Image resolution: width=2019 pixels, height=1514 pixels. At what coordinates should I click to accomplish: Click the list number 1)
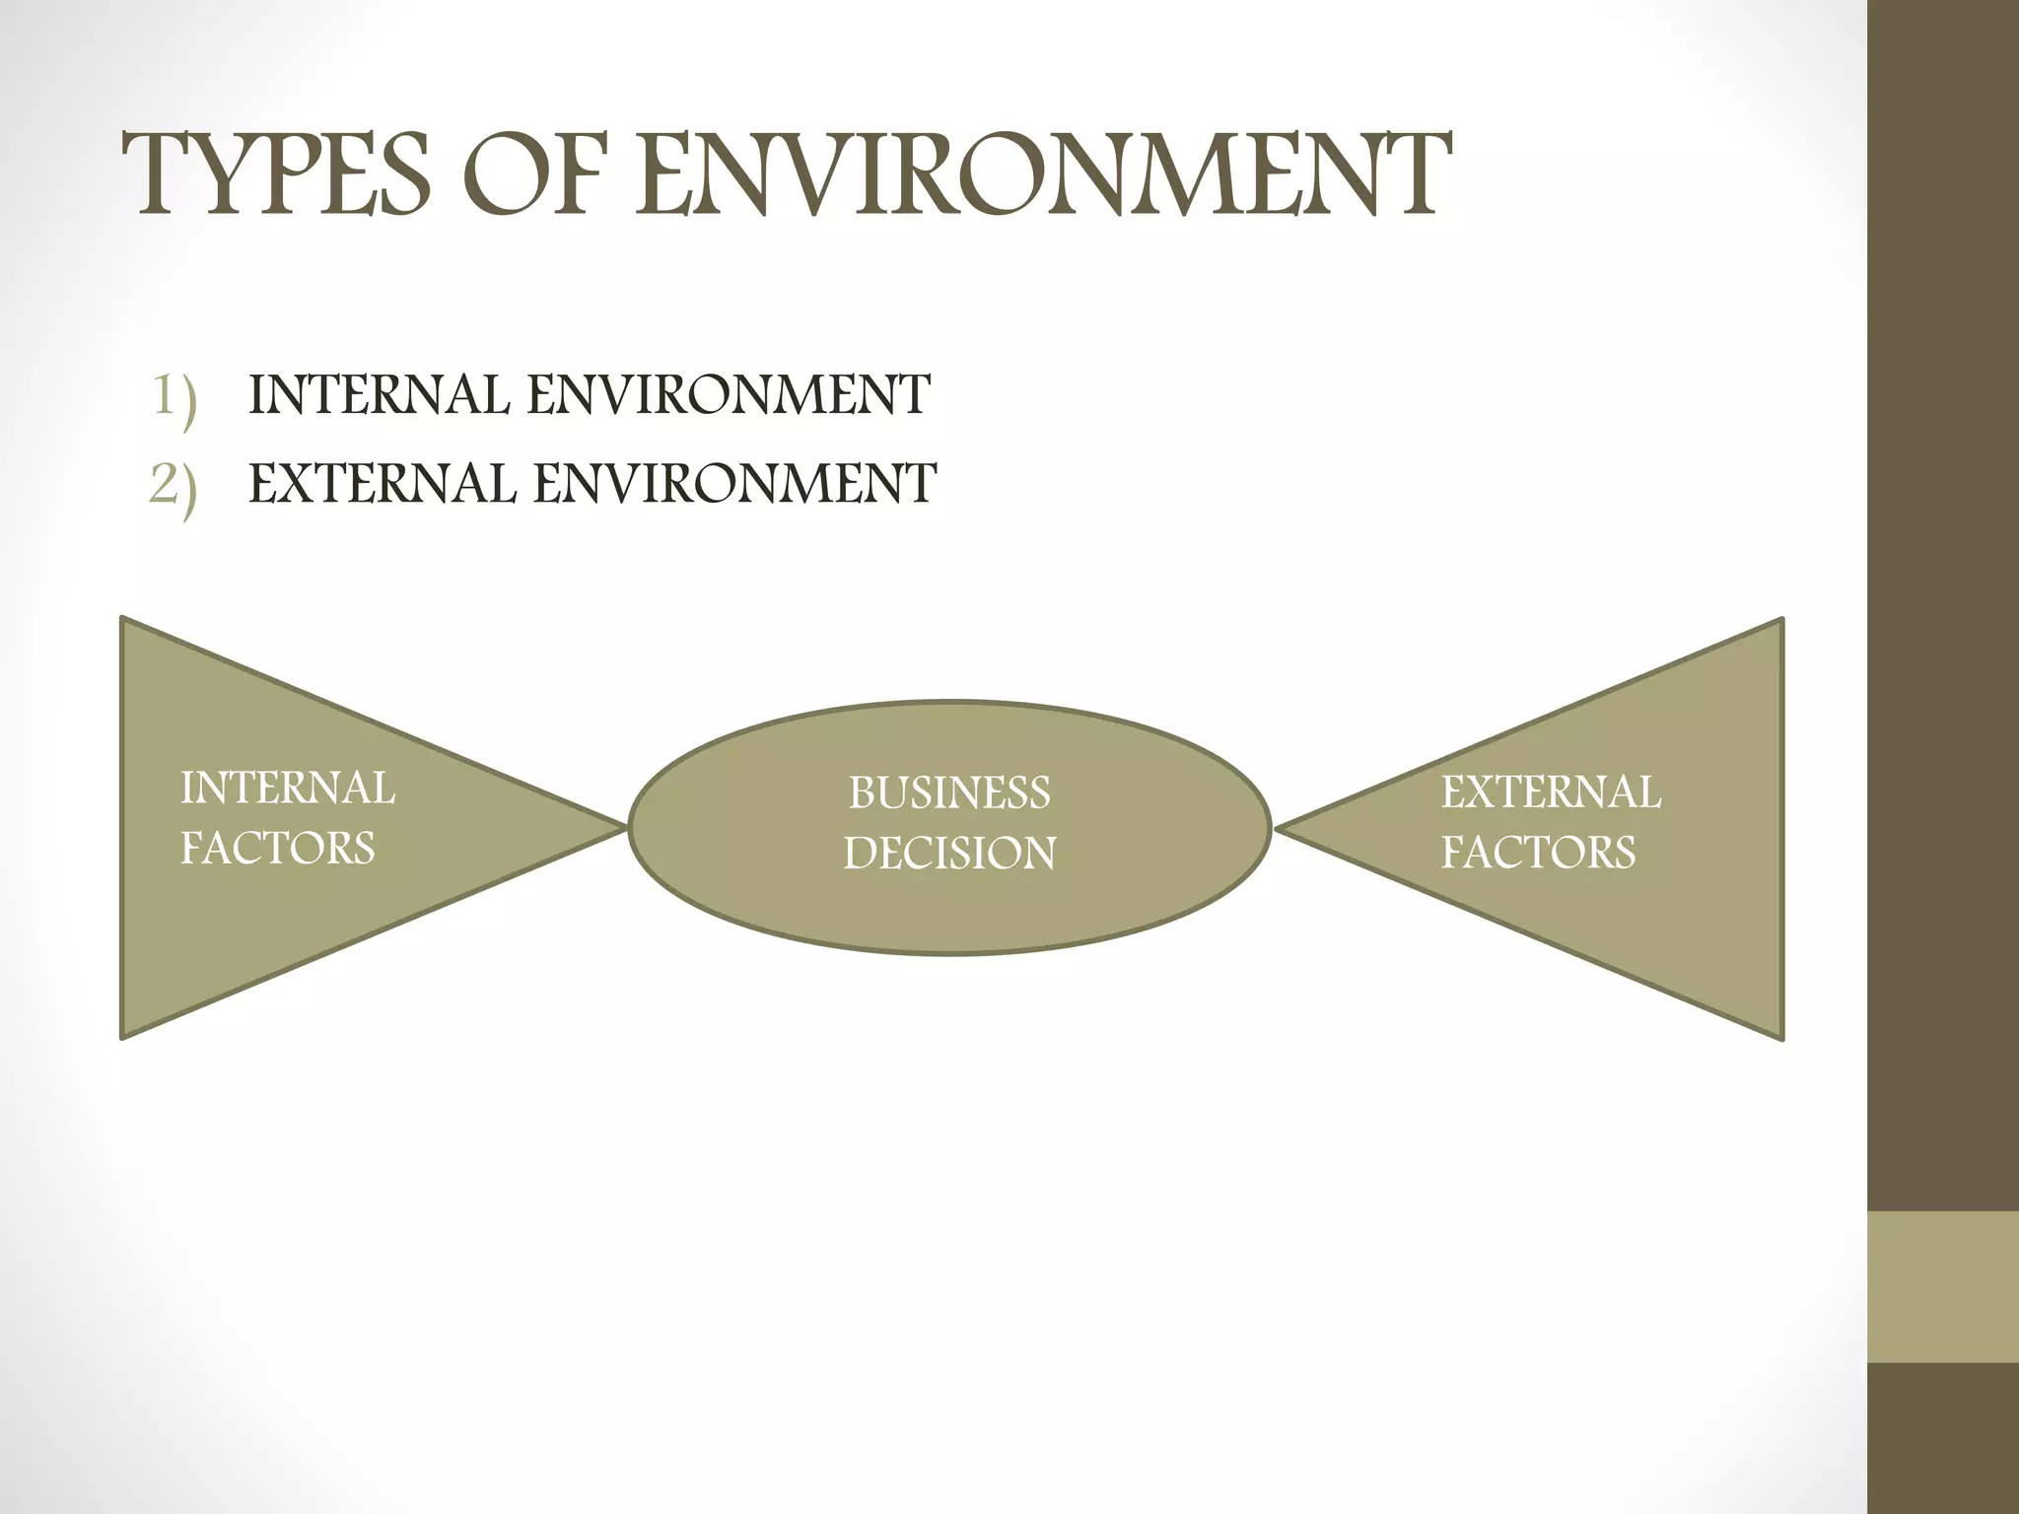pyautogui.click(x=174, y=397)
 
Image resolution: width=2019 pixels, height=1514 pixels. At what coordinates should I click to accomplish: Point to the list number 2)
pyautogui.click(x=174, y=486)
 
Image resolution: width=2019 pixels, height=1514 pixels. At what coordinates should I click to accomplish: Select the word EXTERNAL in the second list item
pyautogui.click(x=382, y=484)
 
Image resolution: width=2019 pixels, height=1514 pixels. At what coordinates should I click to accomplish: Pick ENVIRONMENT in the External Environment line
pyautogui.click(x=734, y=484)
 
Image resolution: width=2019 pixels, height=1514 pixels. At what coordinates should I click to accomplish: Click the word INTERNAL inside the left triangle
pyautogui.click(x=287, y=789)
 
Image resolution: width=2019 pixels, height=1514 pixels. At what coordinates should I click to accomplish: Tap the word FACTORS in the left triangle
pyautogui.click(x=277, y=849)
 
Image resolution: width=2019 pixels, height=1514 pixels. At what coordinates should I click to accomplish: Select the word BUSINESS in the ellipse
pyautogui.click(x=949, y=793)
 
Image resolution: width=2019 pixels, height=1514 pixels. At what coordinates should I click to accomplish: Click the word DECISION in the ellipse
pyautogui.click(x=949, y=854)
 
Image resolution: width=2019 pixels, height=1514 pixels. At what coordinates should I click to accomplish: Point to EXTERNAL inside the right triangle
pyautogui.click(x=1551, y=792)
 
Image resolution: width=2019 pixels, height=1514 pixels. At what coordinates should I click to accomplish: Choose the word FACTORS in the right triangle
pyautogui.click(x=1538, y=853)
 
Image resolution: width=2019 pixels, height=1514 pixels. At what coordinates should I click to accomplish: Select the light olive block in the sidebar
pyautogui.click(x=1943, y=1287)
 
